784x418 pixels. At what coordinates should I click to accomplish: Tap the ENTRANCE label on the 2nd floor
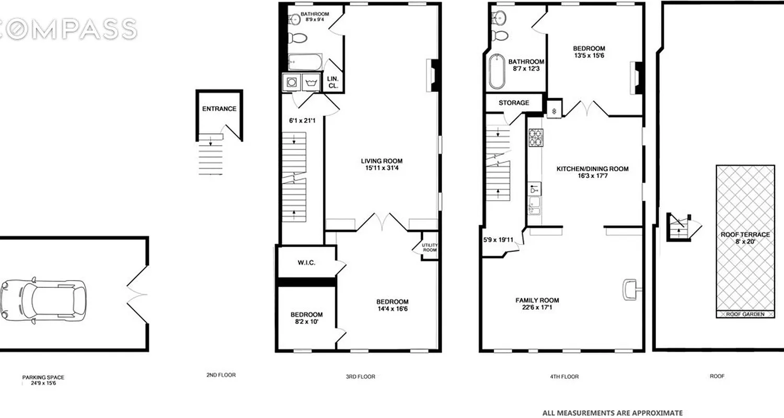(x=219, y=109)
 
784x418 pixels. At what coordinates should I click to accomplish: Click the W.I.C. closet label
(x=306, y=262)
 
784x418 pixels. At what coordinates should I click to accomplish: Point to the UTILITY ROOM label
(x=430, y=248)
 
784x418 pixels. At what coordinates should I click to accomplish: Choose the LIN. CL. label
(x=333, y=82)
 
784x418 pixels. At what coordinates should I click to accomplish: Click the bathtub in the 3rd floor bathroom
(x=305, y=63)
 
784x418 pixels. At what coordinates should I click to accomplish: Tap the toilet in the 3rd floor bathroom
(x=299, y=38)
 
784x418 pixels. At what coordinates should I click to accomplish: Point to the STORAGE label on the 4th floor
(x=513, y=103)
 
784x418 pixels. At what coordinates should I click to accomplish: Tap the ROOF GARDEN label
(x=745, y=315)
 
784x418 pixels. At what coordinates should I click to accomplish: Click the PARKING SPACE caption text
(x=43, y=377)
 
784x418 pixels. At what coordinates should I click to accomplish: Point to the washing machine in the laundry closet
(x=290, y=83)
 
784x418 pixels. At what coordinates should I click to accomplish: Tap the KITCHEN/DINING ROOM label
(x=592, y=169)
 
